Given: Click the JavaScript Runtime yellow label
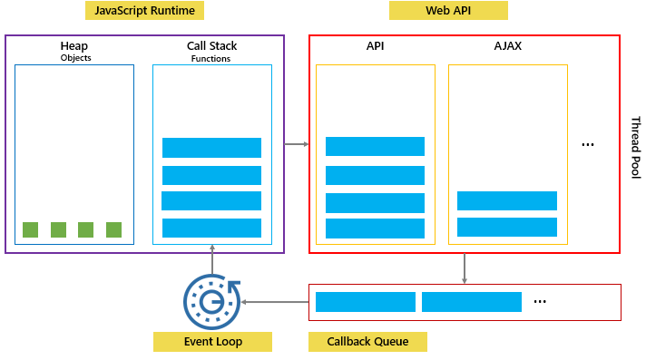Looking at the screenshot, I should [x=145, y=11].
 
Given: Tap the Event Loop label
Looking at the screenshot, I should [x=212, y=342].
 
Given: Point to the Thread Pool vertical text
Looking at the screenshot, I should [x=635, y=147].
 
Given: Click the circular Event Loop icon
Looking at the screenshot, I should [x=212, y=300].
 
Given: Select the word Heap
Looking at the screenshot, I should [x=75, y=45].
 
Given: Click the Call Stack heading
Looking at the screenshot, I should [x=211, y=45].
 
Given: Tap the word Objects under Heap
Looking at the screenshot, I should [x=75, y=58].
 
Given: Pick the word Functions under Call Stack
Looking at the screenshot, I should [x=211, y=58].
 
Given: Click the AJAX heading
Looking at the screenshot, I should [x=507, y=45].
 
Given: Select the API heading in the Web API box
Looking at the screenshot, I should [x=374, y=45].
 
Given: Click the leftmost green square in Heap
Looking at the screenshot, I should [x=30, y=229].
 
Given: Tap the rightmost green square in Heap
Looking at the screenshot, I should [x=113, y=229].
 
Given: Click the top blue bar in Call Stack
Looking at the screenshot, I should [x=211, y=148].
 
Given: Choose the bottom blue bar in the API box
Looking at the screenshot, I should [x=375, y=229].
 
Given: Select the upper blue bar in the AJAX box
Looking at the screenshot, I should [x=506, y=200].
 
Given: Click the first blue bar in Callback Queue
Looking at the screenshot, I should [x=365, y=302].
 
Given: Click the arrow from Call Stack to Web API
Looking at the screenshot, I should [x=296, y=143].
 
